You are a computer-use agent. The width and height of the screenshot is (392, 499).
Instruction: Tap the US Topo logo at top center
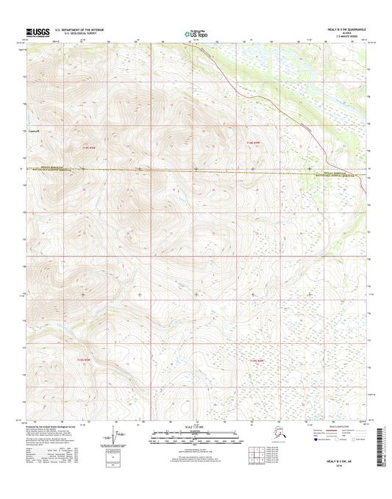pos(196,33)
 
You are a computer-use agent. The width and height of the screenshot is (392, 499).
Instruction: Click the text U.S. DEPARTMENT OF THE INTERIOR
pos(82,29)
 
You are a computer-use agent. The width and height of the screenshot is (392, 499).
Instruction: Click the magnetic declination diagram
pos(114,437)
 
